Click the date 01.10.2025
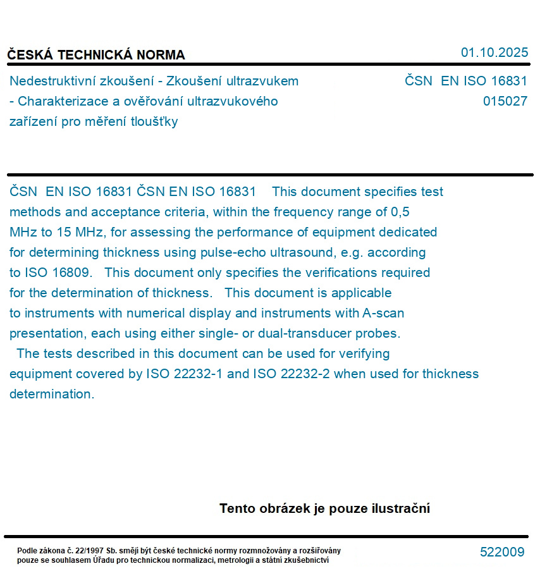(x=494, y=52)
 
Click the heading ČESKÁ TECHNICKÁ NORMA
(x=96, y=55)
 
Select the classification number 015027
(x=505, y=101)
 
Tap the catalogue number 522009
(x=502, y=552)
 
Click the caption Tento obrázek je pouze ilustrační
(x=324, y=508)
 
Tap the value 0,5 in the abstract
(x=400, y=212)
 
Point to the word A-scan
(x=383, y=313)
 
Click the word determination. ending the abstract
(x=51, y=394)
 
